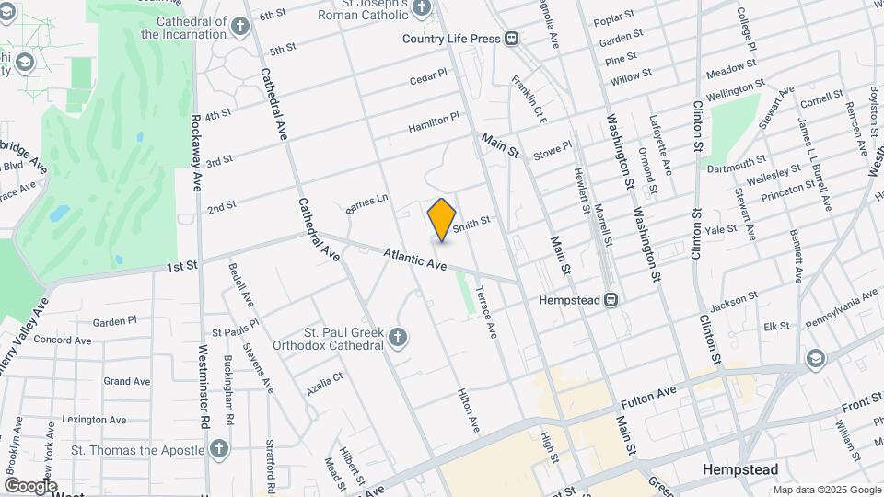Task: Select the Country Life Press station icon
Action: (510, 39)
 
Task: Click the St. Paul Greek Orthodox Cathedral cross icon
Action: (398, 338)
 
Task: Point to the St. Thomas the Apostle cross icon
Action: (218, 449)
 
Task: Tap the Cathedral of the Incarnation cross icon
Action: (239, 27)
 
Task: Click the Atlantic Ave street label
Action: (415, 258)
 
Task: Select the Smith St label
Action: (471, 222)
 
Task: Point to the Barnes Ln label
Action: (367, 204)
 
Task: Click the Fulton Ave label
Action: (649, 397)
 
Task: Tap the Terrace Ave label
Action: (486, 314)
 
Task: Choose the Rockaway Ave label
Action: (196, 153)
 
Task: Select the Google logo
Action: (30, 486)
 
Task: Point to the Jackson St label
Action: (733, 300)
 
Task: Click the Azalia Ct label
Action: (324, 378)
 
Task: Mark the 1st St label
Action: (182, 267)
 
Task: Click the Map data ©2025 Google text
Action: (826, 490)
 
